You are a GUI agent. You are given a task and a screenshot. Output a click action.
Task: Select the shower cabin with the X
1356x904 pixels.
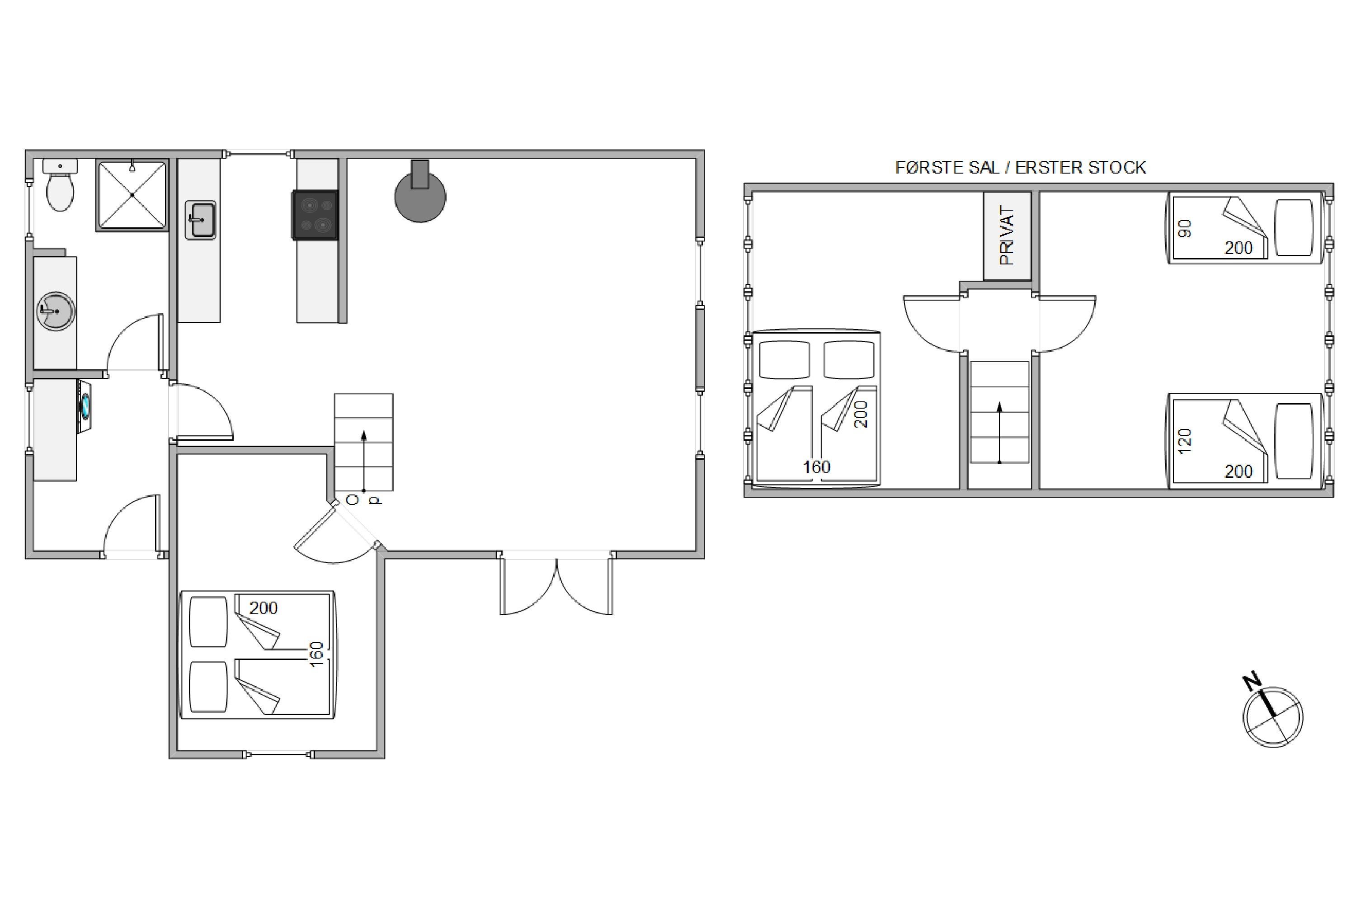pyautogui.click(x=132, y=195)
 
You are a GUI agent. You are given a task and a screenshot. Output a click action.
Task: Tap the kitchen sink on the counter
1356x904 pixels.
pyautogui.click(x=200, y=220)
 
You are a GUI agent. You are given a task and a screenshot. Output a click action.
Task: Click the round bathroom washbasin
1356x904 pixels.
pyautogui.click(x=56, y=311)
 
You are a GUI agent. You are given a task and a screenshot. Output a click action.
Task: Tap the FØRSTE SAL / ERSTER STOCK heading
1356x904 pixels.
pyautogui.click(x=1021, y=168)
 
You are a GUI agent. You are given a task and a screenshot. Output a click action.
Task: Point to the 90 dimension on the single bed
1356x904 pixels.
pyautogui.click(x=1185, y=228)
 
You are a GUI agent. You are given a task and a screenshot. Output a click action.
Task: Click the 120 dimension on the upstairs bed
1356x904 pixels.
pyautogui.click(x=1185, y=441)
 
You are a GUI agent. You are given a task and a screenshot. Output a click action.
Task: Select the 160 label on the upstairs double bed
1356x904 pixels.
pyautogui.click(x=816, y=467)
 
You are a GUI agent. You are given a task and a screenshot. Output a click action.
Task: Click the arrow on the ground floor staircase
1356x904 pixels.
pyautogui.click(x=364, y=461)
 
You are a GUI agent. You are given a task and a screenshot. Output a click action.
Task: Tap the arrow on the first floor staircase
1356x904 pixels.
pyautogui.click(x=1000, y=433)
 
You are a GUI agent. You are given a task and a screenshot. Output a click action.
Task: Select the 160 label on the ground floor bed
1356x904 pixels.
pyautogui.click(x=316, y=654)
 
